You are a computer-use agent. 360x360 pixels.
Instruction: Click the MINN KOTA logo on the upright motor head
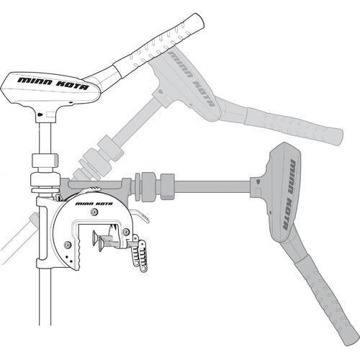(53, 84)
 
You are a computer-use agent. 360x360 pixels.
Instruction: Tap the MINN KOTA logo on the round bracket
(94, 204)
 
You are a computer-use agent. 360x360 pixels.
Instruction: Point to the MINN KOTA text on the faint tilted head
(191, 78)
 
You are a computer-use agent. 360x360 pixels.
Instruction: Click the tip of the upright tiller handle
(199, 19)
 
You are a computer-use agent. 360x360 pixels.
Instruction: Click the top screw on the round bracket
(94, 212)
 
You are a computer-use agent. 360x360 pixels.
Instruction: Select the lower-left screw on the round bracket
(67, 245)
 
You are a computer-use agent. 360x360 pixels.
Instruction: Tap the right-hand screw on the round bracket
(125, 232)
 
